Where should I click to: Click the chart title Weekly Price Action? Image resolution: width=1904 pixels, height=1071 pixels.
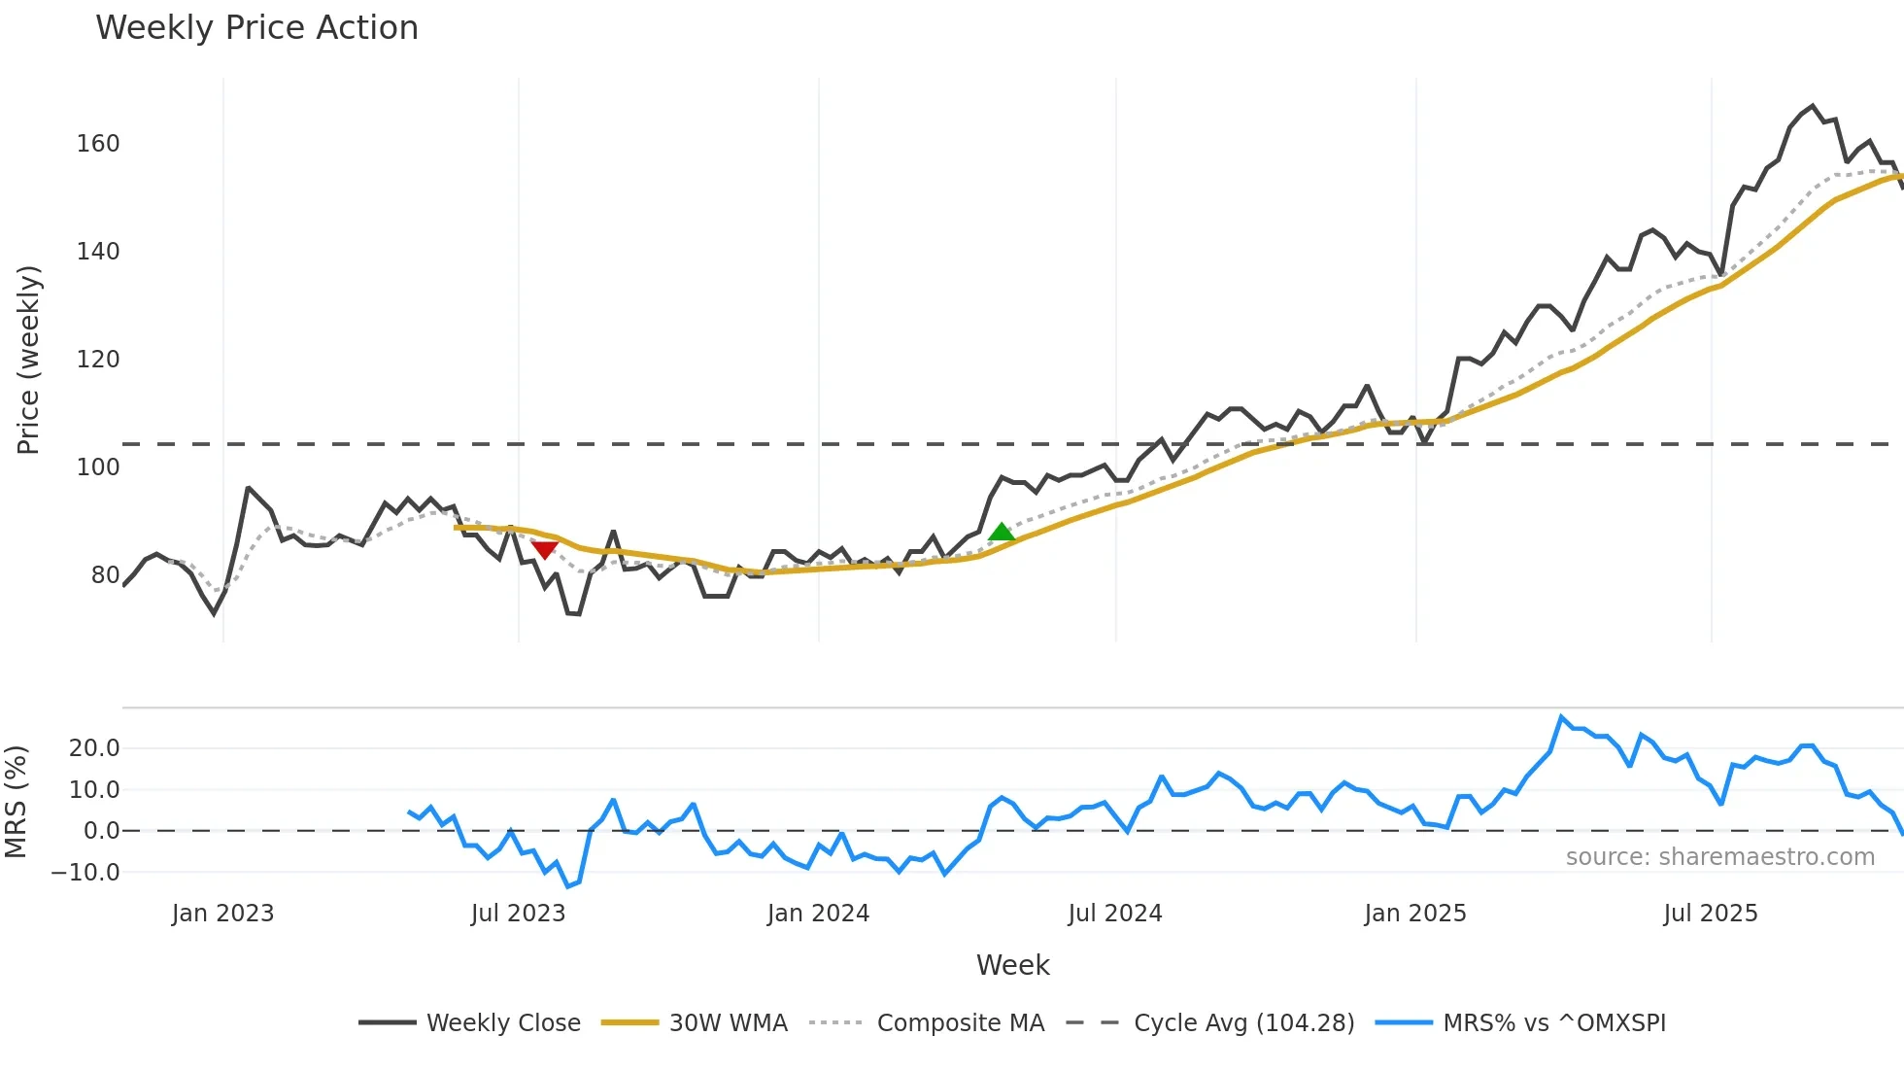(256, 28)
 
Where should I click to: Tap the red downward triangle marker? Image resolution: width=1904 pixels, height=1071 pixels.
(545, 550)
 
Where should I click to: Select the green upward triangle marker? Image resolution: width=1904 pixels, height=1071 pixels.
(1002, 532)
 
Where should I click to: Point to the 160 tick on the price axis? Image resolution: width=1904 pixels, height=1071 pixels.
(98, 144)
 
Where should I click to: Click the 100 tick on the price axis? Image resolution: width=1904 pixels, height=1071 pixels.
(98, 467)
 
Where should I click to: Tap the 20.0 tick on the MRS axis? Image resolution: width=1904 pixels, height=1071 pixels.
(94, 748)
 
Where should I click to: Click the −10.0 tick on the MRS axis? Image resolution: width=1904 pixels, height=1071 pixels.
(85, 873)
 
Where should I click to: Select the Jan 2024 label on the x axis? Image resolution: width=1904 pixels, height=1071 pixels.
(818, 914)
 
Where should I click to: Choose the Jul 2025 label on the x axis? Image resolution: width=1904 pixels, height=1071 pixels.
(1710, 914)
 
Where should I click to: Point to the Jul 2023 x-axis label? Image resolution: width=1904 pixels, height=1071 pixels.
(518, 914)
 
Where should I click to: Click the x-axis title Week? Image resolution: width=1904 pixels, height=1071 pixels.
(1012, 965)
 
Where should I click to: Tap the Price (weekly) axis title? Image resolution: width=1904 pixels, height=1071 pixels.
(29, 360)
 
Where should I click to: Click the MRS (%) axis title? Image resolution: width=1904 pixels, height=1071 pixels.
(16, 802)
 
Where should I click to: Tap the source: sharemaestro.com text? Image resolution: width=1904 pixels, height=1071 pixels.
(1719, 857)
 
